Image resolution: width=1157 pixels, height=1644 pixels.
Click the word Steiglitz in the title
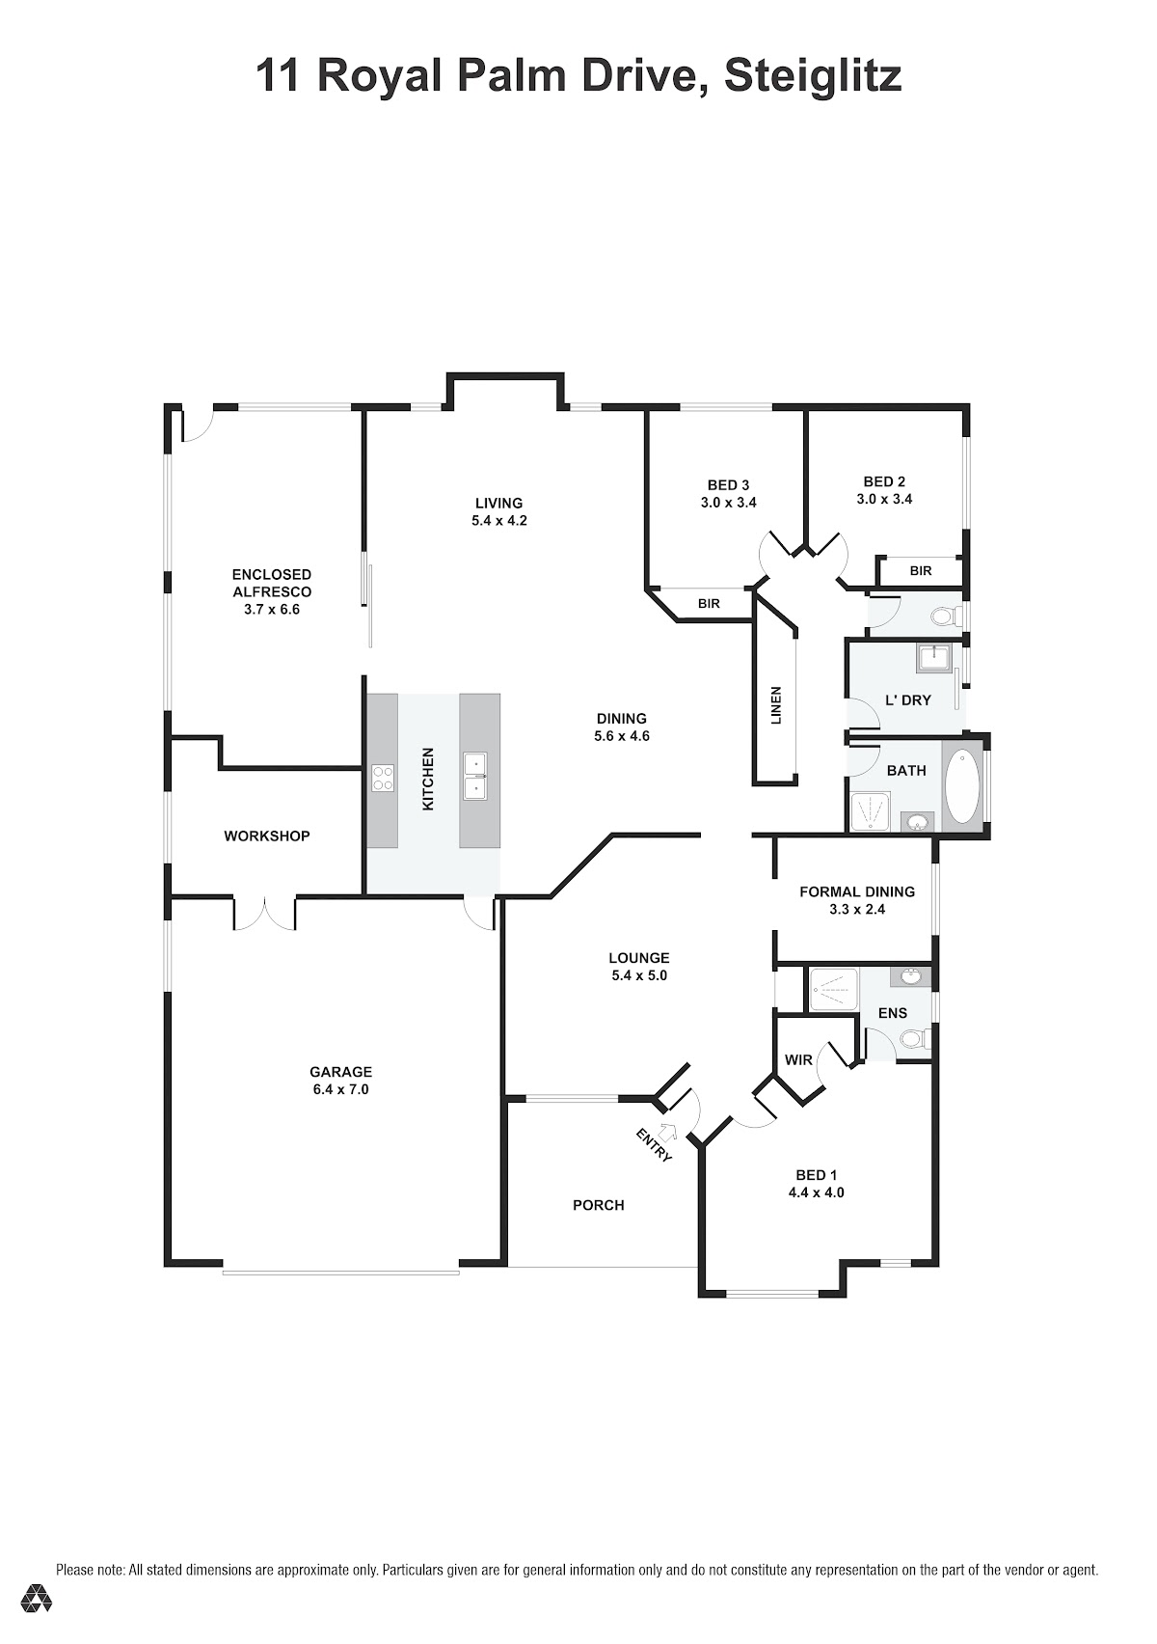[x=813, y=77]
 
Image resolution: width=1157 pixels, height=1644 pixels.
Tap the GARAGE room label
[x=340, y=1072]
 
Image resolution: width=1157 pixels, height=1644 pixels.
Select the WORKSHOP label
[x=267, y=836]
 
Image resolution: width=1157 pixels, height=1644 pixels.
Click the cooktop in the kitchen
[x=382, y=778]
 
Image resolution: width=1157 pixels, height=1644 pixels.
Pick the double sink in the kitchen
[x=475, y=777]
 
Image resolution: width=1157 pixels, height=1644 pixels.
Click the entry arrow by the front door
[x=668, y=1130]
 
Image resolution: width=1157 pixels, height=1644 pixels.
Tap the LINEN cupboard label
[x=776, y=705]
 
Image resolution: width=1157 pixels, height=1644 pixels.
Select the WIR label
[x=798, y=1059]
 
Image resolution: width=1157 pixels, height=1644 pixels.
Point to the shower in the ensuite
[x=833, y=989]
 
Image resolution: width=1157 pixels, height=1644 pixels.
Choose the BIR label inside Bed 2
[x=921, y=570]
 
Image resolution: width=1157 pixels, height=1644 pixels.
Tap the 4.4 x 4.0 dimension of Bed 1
[x=816, y=1192]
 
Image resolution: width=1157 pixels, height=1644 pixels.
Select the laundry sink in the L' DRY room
[x=933, y=658]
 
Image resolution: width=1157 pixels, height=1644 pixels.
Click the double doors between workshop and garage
[x=264, y=915]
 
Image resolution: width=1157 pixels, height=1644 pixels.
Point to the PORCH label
[x=599, y=1205]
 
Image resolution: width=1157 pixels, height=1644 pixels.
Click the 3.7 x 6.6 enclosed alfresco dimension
[x=272, y=609]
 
